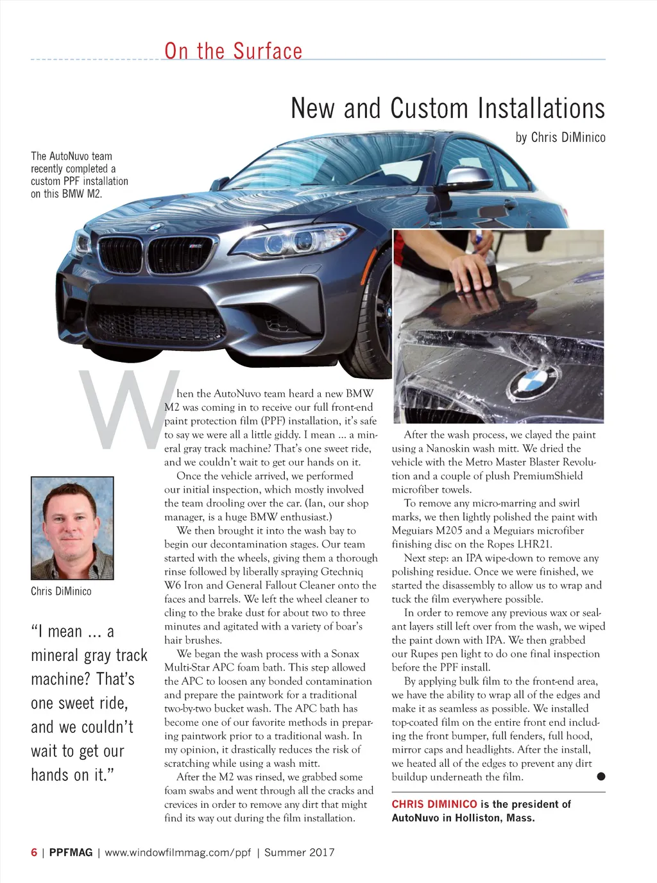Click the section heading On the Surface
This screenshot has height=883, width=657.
click(x=233, y=51)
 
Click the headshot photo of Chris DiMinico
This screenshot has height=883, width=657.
click(x=73, y=527)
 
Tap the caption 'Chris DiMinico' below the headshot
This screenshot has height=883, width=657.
click(x=61, y=591)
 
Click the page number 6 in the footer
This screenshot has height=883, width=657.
click(x=34, y=852)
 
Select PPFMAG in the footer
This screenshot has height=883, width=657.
click(x=71, y=852)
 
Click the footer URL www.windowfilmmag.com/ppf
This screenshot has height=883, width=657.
click(x=178, y=852)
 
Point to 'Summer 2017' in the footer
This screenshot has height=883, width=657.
click(x=299, y=852)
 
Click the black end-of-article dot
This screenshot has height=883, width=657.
click(x=601, y=776)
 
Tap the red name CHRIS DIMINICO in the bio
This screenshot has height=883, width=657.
click(x=434, y=804)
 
